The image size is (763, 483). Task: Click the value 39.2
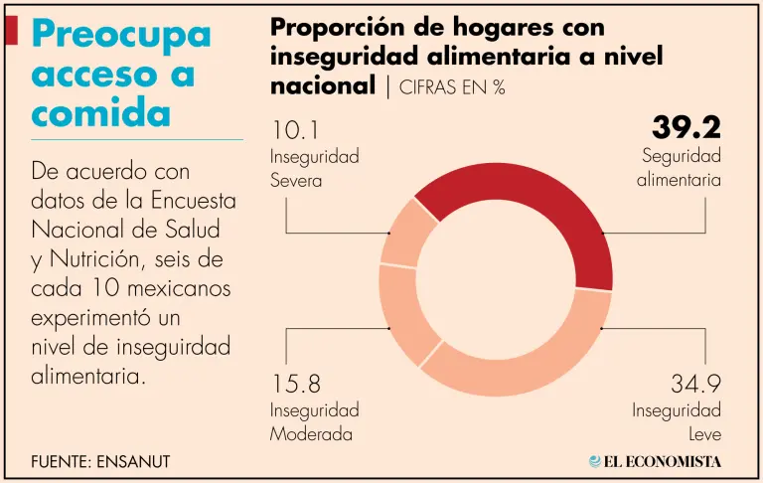[686, 128]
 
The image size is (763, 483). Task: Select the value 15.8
[296, 384]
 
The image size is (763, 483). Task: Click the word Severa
[296, 181]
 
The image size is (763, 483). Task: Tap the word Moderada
[311, 434]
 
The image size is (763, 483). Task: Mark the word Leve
[703, 434]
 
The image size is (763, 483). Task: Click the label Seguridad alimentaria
[681, 168]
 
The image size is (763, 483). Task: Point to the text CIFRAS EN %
[452, 87]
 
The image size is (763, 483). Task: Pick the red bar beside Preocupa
[11, 31]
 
